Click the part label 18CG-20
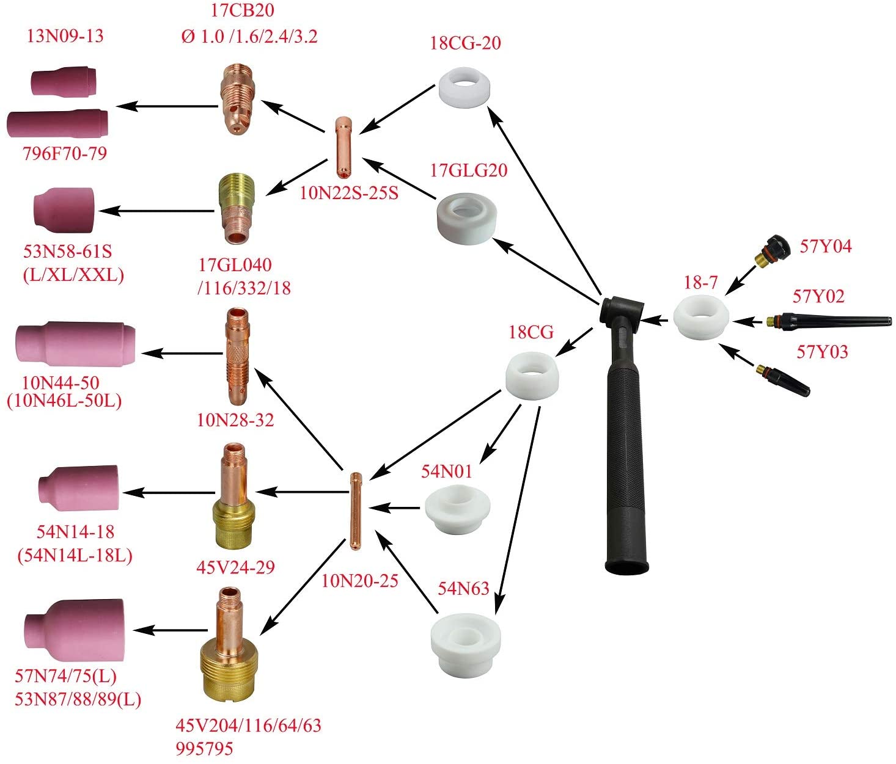click(x=466, y=43)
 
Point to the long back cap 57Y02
click(x=831, y=320)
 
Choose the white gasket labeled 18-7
click(x=701, y=315)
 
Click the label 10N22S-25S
click(x=349, y=193)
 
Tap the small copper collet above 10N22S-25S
click(x=342, y=144)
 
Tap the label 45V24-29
click(x=235, y=567)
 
